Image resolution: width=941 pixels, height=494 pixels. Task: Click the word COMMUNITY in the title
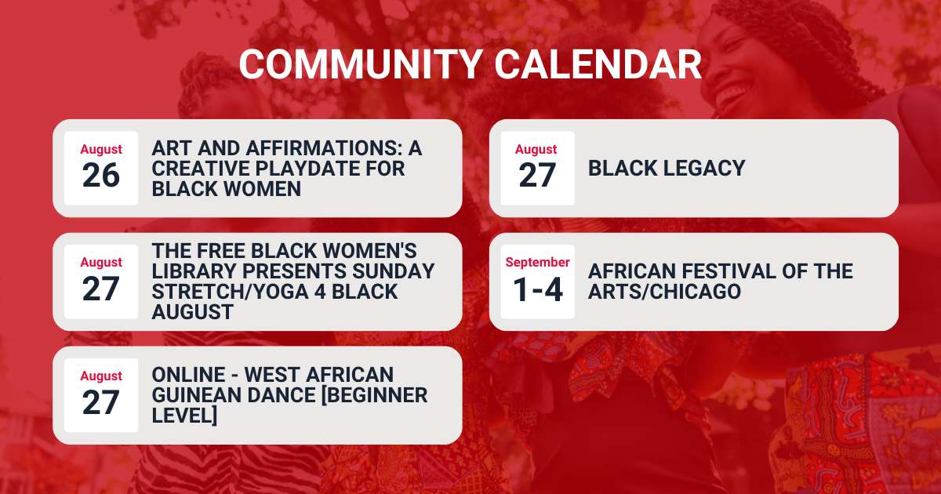(361, 64)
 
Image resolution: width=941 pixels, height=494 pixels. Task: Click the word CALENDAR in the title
(598, 64)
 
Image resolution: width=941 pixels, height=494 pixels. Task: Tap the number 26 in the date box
(101, 175)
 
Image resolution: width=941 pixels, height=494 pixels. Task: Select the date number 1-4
(538, 289)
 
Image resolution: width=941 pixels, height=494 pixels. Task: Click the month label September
(538, 262)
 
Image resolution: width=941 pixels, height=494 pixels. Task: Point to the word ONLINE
(189, 375)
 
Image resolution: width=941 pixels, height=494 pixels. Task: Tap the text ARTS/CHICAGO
(665, 292)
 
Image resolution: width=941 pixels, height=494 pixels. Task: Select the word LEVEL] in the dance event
(185, 416)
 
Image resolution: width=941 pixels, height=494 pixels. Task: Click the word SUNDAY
(393, 271)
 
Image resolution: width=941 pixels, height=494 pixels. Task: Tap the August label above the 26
(101, 150)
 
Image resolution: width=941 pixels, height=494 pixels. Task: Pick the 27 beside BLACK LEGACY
(538, 175)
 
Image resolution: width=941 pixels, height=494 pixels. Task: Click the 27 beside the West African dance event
(101, 402)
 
